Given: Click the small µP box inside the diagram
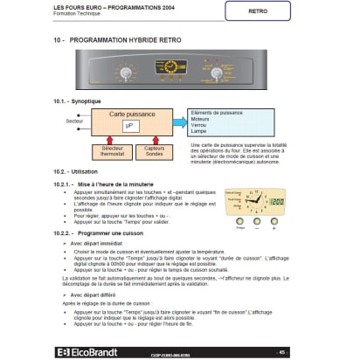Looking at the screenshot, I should coord(128,128).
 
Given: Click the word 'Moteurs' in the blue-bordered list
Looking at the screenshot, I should coord(202,119).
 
